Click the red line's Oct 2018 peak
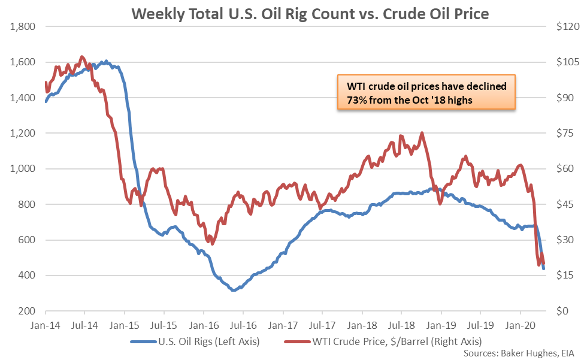click(422, 133)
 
